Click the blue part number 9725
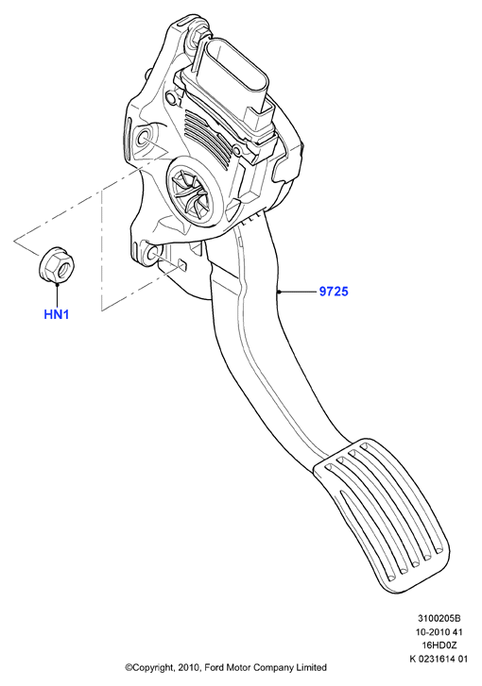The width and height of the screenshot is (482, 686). [x=334, y=292]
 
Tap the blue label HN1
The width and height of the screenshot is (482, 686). [x=57, y=314]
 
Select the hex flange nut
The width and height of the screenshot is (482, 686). [x=58, y=265]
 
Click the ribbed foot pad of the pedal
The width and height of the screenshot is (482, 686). [x=381, y=515]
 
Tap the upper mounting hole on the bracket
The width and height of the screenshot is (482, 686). [x=144, y=139]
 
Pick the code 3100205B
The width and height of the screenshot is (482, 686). [x=439, y=619]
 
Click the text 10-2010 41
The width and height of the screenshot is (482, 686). [x=439, y=632]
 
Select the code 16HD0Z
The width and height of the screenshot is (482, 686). [x=439, y=645]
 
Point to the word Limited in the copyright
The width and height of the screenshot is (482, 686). [x=312, y=668]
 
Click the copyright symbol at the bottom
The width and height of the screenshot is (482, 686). [x=129, y=668]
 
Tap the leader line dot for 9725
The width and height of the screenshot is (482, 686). [x=278, y=292]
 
